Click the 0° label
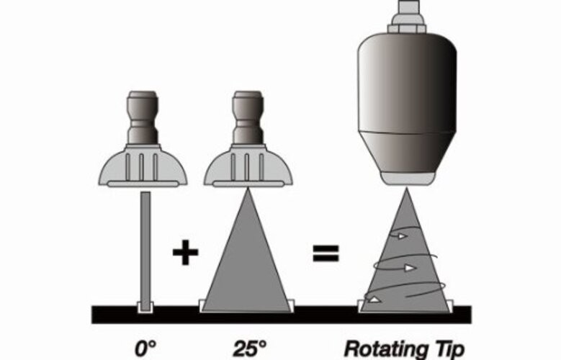145,348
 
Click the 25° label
250,348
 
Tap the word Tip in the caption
449,349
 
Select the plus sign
185,252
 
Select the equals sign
326,253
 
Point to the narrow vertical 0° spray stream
145,251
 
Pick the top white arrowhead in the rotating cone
403,236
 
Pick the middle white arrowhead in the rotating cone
410,268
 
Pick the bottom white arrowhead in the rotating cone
374,299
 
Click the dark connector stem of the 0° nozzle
143,118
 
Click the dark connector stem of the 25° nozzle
248,118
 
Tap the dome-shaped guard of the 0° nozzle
143,166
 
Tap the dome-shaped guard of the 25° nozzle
248,166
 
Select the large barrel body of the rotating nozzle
407,83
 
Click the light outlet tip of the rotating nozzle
407,179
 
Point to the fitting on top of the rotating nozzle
406,17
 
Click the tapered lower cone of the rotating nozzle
407,152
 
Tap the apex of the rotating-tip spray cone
406,189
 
